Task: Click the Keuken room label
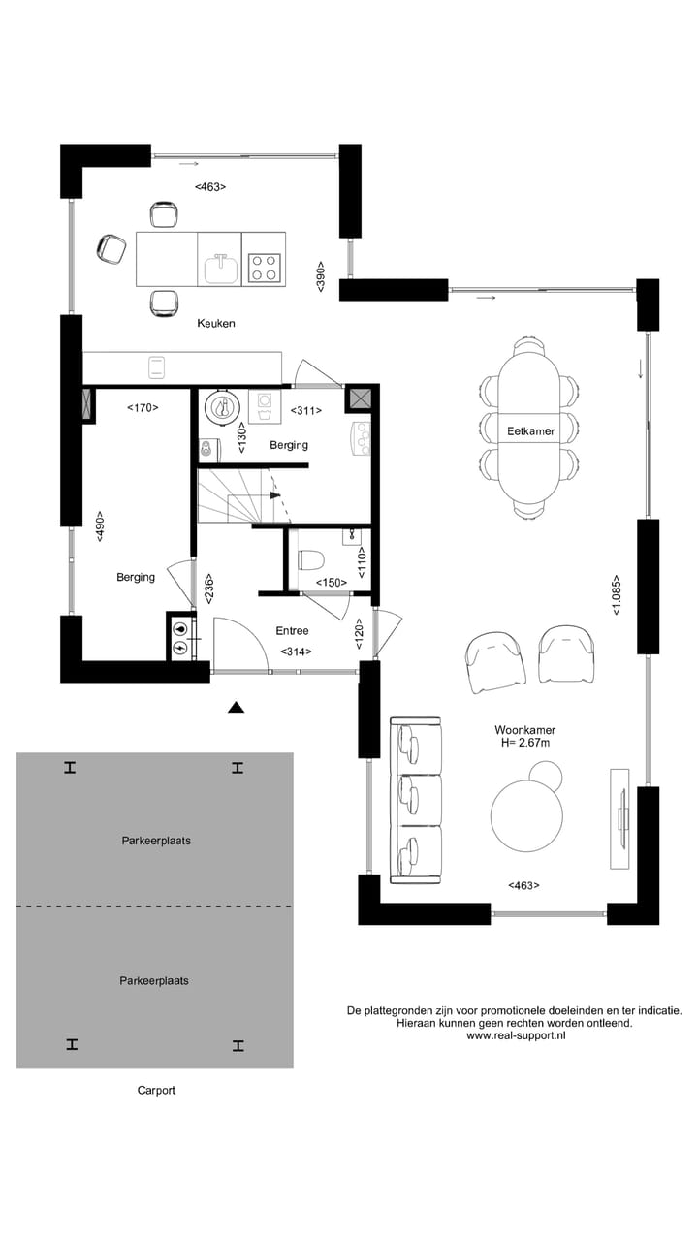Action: coord(215,323)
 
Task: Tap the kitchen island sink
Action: coord(220,267)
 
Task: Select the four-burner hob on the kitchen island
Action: coord(264,267)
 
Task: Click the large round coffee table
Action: coord(527,815)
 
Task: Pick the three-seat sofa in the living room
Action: coord(416,800)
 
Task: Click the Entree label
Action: coord(292,631)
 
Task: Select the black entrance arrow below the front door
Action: coord(236,708)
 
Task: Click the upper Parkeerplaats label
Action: coord(155,841)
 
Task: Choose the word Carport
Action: coord(156,1090)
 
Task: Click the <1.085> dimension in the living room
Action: coord(617,598)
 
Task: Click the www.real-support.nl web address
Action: coord(515,1035)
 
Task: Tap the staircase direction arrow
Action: coord(276,494)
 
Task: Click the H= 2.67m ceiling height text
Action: coord(524,744)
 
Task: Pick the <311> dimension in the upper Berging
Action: coord(306,411)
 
